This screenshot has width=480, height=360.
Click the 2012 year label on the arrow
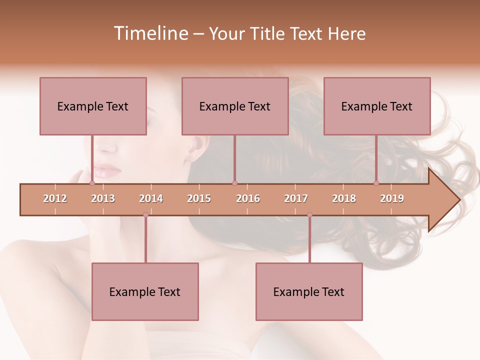55,198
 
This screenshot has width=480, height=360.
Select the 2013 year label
103,198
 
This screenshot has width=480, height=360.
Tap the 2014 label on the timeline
151,198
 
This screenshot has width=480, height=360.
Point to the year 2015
199,198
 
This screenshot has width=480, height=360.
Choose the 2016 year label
248,198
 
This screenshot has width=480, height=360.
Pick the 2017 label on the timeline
296,198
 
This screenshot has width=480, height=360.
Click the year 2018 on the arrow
344,198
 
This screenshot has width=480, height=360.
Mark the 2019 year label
392,198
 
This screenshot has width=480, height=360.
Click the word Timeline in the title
150,33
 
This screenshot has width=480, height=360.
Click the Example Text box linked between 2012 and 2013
93,106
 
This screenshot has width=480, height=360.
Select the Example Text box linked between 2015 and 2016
235,106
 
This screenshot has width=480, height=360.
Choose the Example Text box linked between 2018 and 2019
377,106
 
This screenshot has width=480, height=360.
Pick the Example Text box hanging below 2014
145,291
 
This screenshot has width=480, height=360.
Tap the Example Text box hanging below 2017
309,291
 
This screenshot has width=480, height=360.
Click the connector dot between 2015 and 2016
235,183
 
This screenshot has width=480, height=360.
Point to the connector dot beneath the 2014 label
145,215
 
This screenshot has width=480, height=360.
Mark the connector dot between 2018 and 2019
376,183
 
